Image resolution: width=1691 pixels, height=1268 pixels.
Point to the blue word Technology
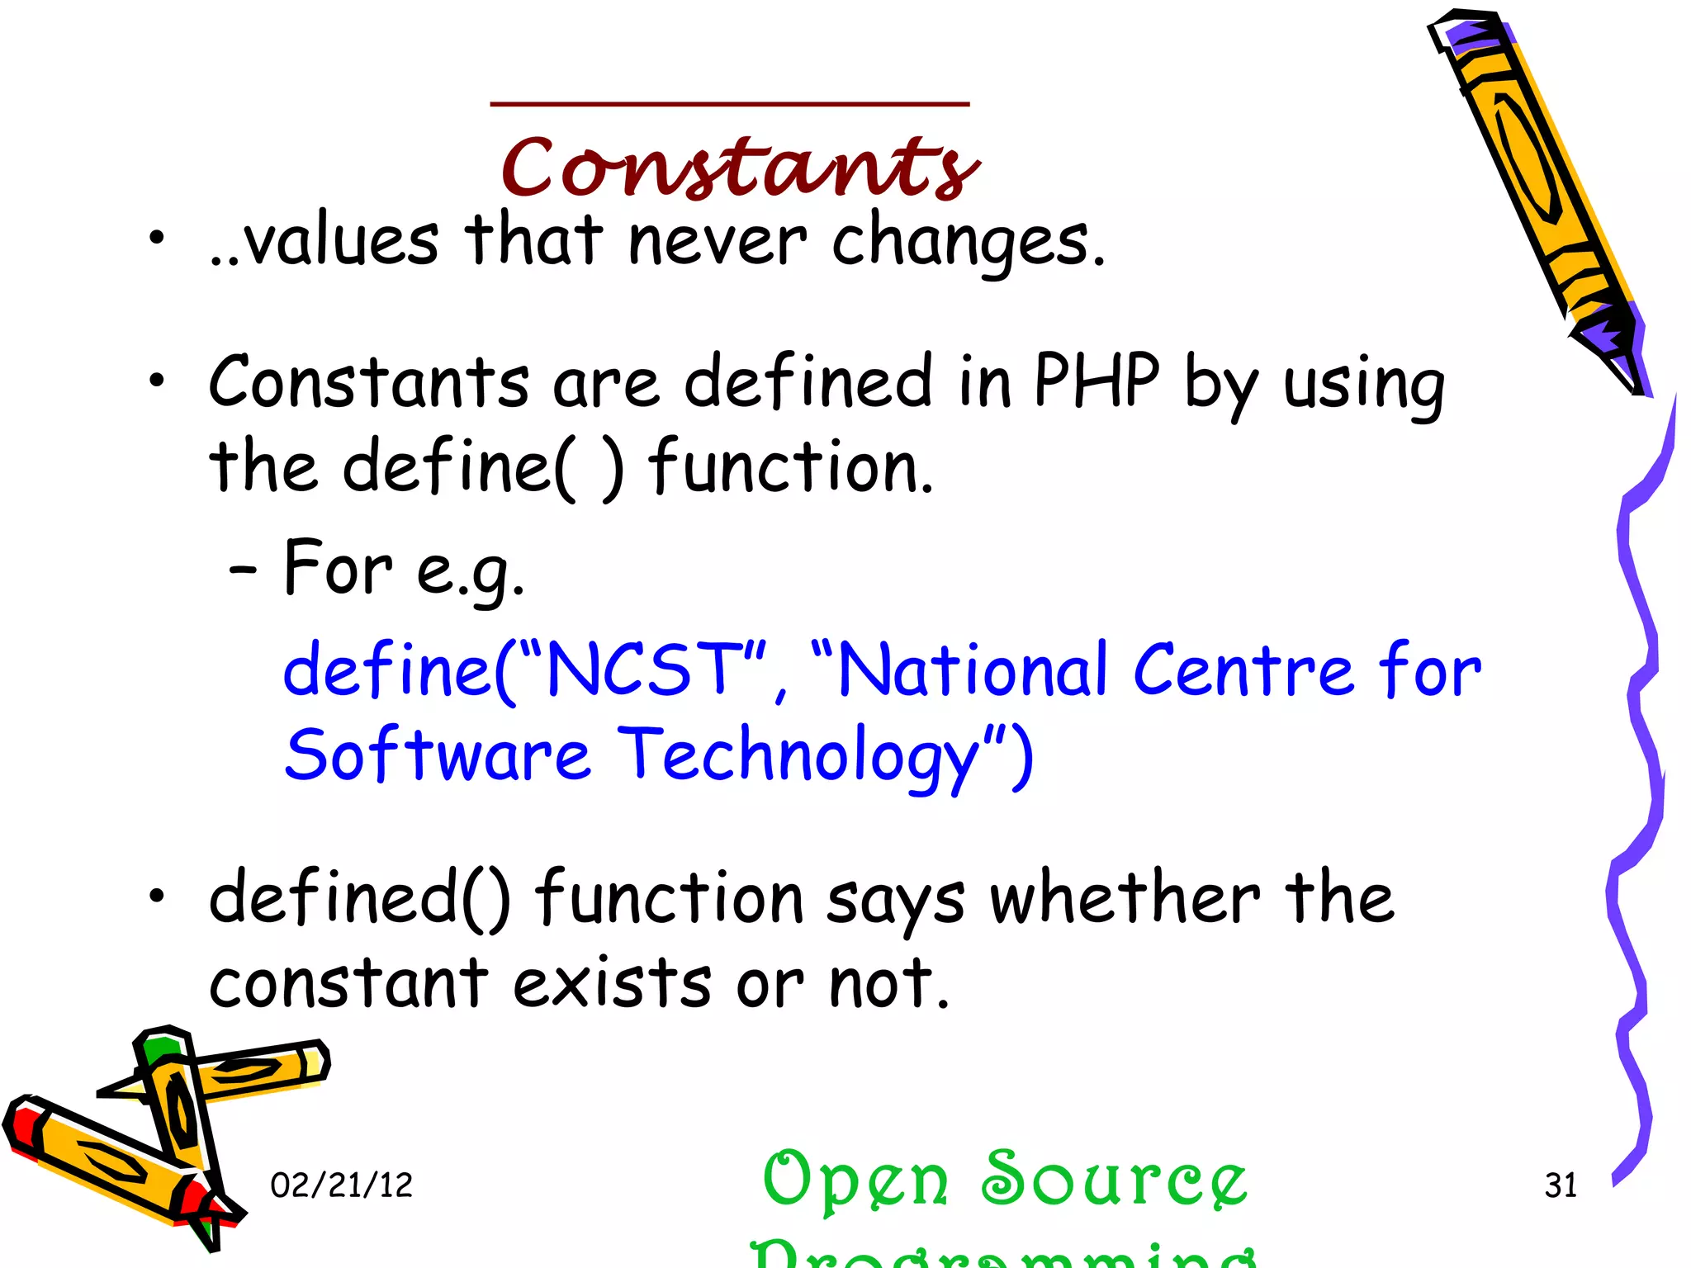pos(798,756)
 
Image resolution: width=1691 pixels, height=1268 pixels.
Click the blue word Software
pos(438,756)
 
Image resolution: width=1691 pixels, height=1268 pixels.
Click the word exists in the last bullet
pos(611,984)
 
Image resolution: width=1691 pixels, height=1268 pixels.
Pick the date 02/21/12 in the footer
pos(341,1185)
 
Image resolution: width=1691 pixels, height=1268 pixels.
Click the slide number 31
pos(1561,1185)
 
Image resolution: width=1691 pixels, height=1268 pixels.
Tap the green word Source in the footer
pos(1115,1180)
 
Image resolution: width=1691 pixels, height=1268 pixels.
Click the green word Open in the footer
pos(855,1180)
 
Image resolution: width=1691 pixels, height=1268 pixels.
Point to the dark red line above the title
pos(730,104)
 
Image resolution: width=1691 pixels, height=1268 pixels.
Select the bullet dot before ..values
pos(157,239)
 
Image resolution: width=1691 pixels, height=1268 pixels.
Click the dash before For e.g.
pos(243,570)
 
